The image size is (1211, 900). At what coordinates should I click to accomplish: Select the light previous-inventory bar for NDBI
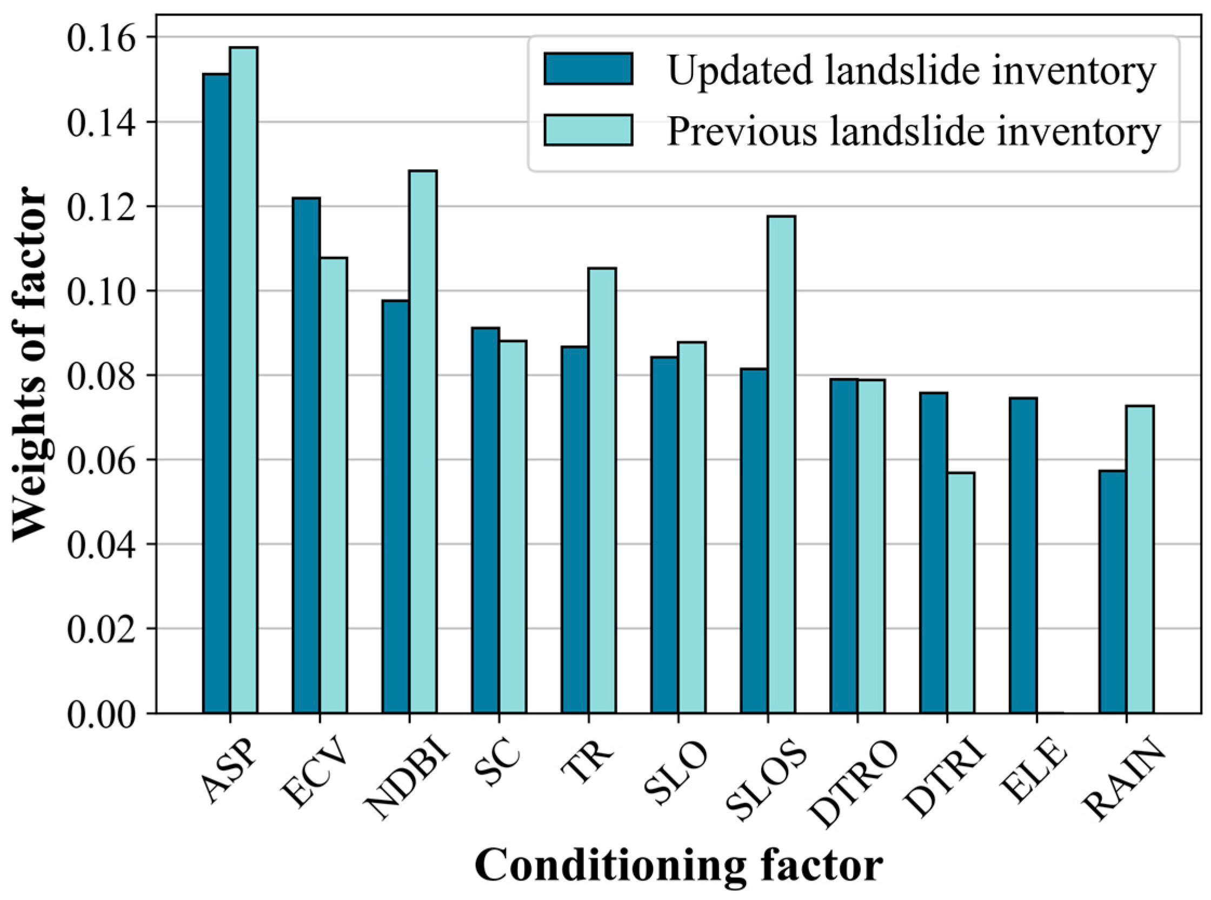(423, 442)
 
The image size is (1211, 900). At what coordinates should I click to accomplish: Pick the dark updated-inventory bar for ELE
(1023, 555)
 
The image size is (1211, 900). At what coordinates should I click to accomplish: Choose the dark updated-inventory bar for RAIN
(1113, 592)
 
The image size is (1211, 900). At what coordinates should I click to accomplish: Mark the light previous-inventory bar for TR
(602, 490)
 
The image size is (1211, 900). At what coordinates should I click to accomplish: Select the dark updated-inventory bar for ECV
(306, 456)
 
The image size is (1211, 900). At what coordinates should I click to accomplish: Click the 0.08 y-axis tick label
(100, 375)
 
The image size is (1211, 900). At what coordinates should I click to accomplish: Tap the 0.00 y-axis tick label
(100, 714)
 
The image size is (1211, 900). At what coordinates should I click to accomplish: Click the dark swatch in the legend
(588, 69)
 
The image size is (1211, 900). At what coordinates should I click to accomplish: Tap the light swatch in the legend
(588, 130)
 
